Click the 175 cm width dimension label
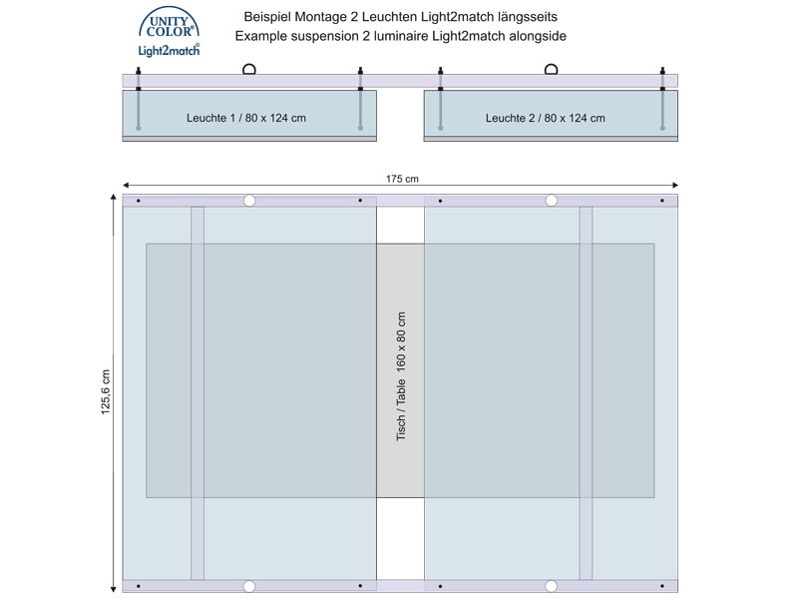(x=402, y=179)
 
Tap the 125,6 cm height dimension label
(x=106, y=391)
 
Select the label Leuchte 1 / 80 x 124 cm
(x=246, y=118)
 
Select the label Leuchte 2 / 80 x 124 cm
(x=545, y=118)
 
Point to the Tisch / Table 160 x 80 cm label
(x=401, y=376)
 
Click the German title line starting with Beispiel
(x=401, y=17)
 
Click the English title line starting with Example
(x=401, y=36)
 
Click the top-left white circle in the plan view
(x=248, y=201)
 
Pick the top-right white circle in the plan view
(x=552, y=201)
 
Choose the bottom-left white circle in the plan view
(x=248, y=586)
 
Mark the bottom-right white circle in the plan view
(x=552, y=586)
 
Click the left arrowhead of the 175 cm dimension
(x=126, y=186)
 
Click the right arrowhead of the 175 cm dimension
(x=675, y=186)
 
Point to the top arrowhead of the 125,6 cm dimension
(x=114, y=198)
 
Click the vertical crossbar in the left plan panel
(x=198, y=393)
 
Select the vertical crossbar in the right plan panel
(x=586, y=393)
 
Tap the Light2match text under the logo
(x=169, y=50)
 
